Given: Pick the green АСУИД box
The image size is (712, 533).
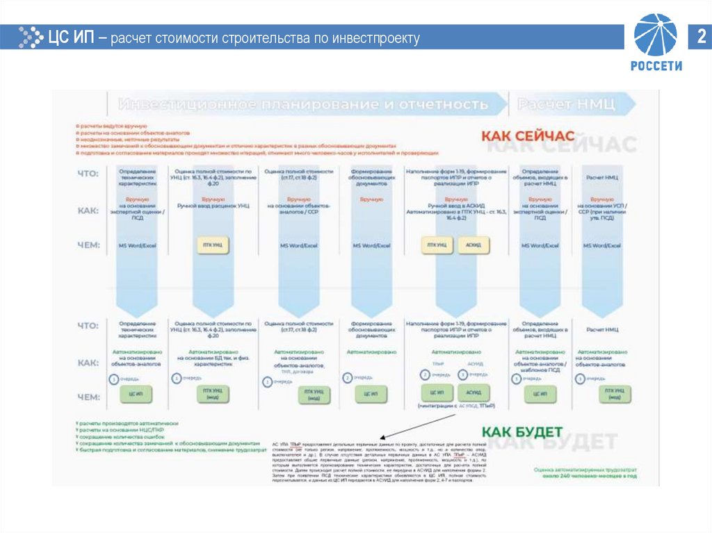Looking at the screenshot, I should (474, 393).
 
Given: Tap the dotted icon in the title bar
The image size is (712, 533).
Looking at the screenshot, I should (30, 37).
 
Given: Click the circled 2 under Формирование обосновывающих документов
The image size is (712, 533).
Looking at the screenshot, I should (347, 377).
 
